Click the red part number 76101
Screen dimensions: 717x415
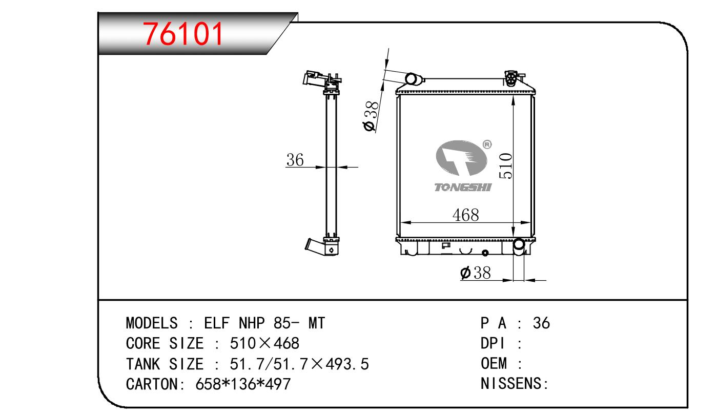pyautogui.click(x=183, y=34)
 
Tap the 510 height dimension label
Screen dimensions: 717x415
pyautogui.click(x=506, y=165)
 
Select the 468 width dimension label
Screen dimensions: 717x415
pyautogui.click(x=466, y=215)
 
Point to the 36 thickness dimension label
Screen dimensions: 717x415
pyautogui.click(x=295, y=160)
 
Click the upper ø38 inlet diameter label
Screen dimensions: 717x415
pyautogui.click(x=371, y=116)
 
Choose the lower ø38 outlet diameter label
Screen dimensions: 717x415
pyautogui.click(x=475, y=273)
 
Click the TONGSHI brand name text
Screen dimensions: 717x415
pyautogui.click(x=462, y=187)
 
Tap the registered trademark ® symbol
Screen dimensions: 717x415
pyautogui.click(x=486, y=144)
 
